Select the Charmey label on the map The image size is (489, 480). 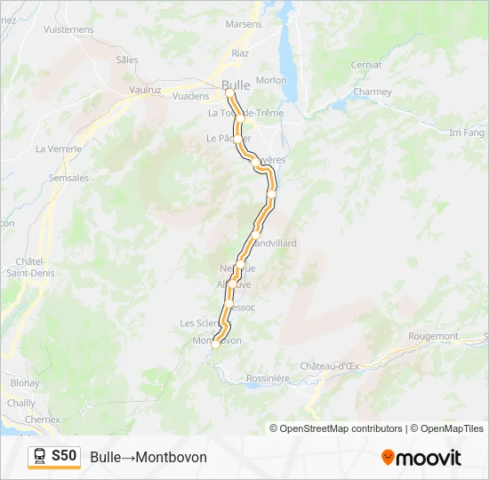tap(372, 92)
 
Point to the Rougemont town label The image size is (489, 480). tap(433, 336)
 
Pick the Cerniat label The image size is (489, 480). tap(366, 65)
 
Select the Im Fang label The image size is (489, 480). tap(467, 132)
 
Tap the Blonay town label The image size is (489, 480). tap(25, 383)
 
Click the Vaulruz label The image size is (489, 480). tap(143, 90)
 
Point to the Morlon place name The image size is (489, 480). tap(271, 80)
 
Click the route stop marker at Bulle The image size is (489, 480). tap(229, 92)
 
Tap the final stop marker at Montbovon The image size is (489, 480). tap(215, 345)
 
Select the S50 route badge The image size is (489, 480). tap(65, 456)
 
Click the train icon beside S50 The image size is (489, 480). tap(40, 457)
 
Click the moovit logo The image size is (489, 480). tap(421, 458)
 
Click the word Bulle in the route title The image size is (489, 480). tap(105, 457)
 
